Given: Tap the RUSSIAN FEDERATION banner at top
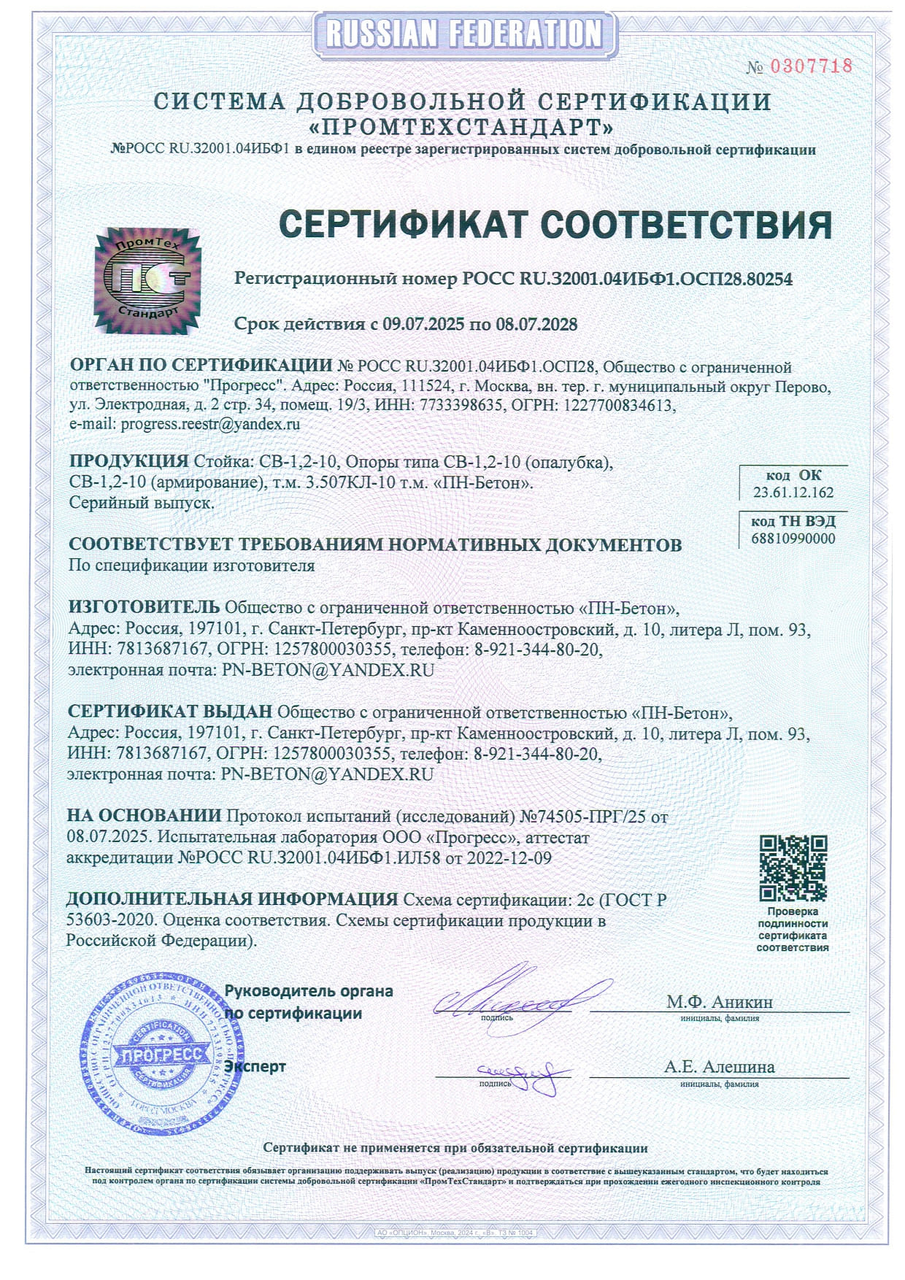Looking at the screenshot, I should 464,34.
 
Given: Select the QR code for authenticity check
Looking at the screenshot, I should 793,868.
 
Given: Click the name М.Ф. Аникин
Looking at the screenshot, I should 719,1001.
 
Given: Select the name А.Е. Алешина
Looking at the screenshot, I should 719,1067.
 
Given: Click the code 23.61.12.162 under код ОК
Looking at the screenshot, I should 793,493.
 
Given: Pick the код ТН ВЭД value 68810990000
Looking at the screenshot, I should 793,539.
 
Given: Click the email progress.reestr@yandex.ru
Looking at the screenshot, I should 210,424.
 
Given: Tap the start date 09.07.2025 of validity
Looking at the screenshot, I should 423,324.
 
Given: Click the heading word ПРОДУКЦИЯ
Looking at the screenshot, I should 128,461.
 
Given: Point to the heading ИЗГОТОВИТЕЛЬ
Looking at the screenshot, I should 144,607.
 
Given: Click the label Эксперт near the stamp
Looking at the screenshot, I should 255,1066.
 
